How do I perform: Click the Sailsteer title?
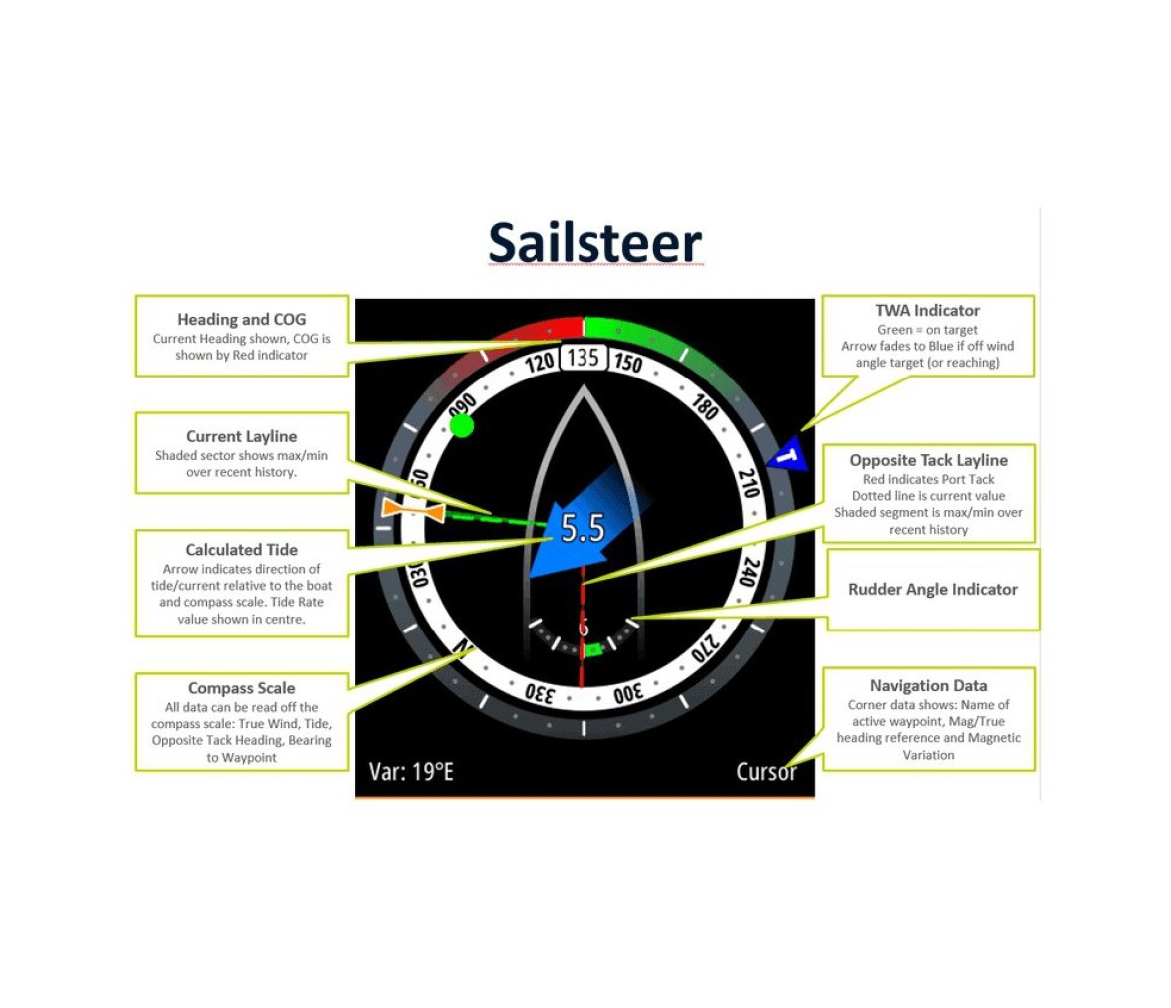tap(594, 243)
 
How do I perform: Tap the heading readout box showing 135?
tap(584, 358)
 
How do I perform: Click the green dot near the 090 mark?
tap(462, 426)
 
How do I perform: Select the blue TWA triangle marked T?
tap(789, 455)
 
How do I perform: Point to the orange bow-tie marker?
tap(414, 510)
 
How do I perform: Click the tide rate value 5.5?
tap(583, 528)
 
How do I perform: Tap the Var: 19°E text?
tap(411, 771)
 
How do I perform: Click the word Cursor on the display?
tap(767, 771)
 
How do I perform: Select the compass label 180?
tap(705, 407)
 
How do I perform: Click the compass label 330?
tap(540, 692)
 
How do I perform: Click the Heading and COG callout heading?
tap(241, 319)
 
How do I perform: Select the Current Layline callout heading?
tap(241, 436)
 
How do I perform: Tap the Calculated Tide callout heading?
tap(241, 549)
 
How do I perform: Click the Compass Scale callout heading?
tap(241, 688)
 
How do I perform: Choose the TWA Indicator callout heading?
tap(928, 310)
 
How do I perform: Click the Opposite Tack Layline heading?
tap(928, 460)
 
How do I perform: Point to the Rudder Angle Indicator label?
tap(933, 589)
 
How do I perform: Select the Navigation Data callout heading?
tap(928, 686)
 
